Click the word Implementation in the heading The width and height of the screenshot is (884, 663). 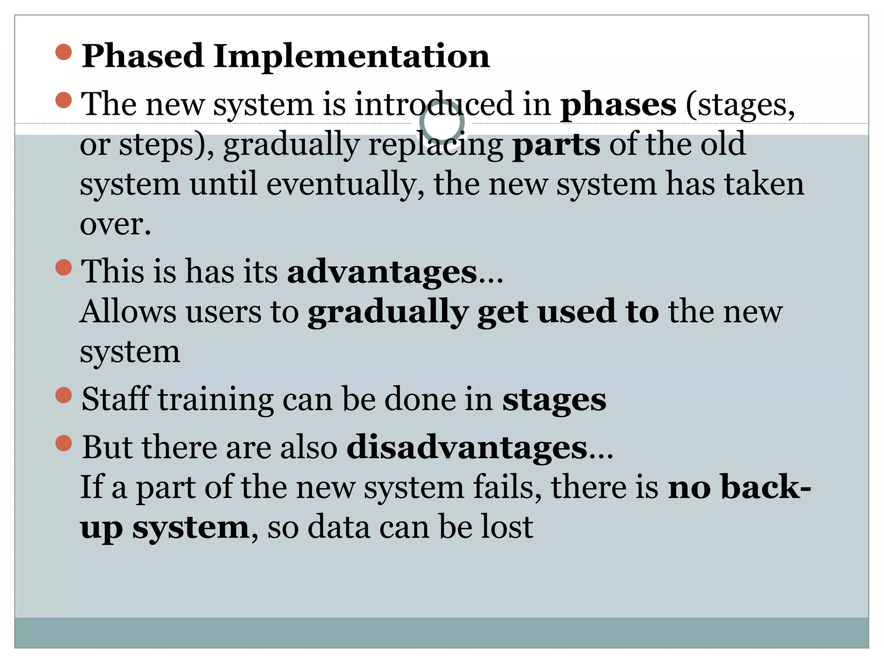click(351, 57)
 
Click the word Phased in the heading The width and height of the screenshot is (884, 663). click(142, 57)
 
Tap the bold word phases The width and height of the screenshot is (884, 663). click(618, 105)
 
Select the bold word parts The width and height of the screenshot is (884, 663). click(556, 145)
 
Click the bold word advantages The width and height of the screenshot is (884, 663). click(382, 272)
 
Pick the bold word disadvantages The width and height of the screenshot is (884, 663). click(467, 448)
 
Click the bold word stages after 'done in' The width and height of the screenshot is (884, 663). click(554, 400)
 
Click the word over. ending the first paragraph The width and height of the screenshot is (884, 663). click(115, 224)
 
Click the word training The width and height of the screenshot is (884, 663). click(216, 400)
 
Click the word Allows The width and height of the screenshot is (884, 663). click(128, 312)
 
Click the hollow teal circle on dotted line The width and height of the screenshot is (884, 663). click(442, 123)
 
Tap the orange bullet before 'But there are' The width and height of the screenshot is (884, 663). click(63, 443)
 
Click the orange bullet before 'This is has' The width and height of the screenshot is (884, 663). click(63, 268)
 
